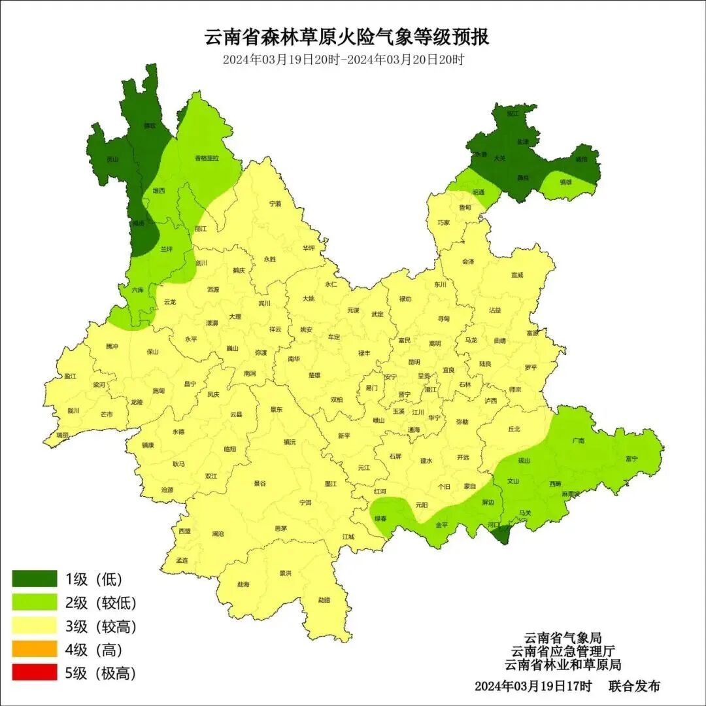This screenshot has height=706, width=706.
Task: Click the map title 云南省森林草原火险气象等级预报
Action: (x=347, y=37)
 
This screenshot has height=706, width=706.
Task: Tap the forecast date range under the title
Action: (x=343, y=59)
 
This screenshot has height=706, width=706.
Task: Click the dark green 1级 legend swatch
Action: (x=35, y=579)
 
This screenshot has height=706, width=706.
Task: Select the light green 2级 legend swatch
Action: (x=35, y=602)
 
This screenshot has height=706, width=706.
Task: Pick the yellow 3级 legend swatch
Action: (x=35, y=626)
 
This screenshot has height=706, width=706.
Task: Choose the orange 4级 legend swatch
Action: (x=35, y=649)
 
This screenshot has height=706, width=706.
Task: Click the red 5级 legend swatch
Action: (x=35, y=673)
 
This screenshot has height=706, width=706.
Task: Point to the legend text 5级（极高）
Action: (x=100, y=673)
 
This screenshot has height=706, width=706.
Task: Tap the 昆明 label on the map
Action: (x=414, y=361)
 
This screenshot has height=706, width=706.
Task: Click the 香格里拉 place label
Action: (x=207, y=158)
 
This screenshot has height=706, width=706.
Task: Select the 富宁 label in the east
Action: (x=631, y=459)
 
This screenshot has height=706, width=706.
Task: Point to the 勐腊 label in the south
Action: (x=324, y=599)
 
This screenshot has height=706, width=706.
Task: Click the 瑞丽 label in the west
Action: (x=62, y=435)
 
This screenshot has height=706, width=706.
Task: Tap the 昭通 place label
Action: (x=478, y=192)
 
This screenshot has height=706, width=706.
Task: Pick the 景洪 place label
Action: (x=285, y=573)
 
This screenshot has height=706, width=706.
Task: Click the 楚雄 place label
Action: (x=314, y=375)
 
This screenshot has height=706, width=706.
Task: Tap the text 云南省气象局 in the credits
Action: (x=563, y=637)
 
